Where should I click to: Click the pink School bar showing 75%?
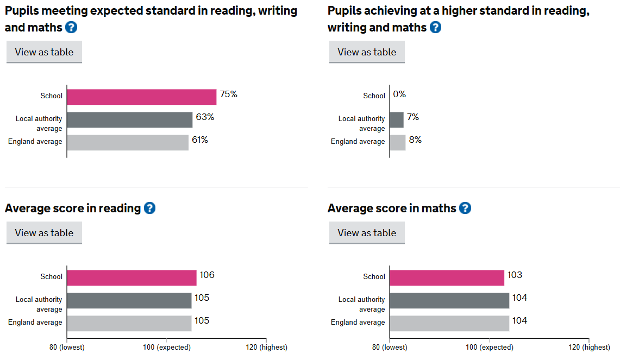tap(141, 97)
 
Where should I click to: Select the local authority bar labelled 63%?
tap(129, 119)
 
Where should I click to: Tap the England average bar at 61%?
tap(127, 142)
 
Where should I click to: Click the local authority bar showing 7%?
tap(397, 119)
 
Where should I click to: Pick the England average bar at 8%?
tap(398, 142)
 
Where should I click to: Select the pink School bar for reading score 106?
tap(131, 277)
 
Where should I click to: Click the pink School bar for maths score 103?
tap(447, 277)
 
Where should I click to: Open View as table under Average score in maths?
tap(367, 233)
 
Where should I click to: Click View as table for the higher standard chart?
tap(367, 52)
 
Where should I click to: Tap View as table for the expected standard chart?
tap(44, 52)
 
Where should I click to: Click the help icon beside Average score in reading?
tap(149, 208)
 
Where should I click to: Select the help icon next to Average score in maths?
tap(465, 208)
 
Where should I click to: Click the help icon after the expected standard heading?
tap(71, 27)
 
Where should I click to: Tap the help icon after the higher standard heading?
tap(435, 27)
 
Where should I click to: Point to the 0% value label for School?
tap(399, 94)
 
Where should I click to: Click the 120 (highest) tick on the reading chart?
tap(266, 347)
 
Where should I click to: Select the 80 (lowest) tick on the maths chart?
tap(389, 347)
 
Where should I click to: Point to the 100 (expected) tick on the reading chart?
tap(167, 347)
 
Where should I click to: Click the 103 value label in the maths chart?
tap(515, 275)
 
